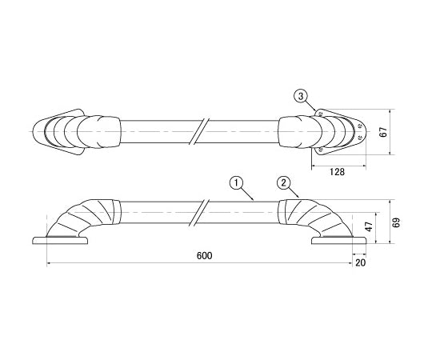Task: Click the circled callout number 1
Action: (236, 182)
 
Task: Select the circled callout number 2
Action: (282, 182)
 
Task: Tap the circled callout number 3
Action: (301, 96)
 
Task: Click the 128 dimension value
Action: (338, 171)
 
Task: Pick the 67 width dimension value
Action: (382, 132)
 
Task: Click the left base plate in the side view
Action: (60, 240)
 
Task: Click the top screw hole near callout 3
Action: (321, 114)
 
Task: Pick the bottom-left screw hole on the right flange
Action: (321, 149)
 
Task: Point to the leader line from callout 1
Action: (247, 190)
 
